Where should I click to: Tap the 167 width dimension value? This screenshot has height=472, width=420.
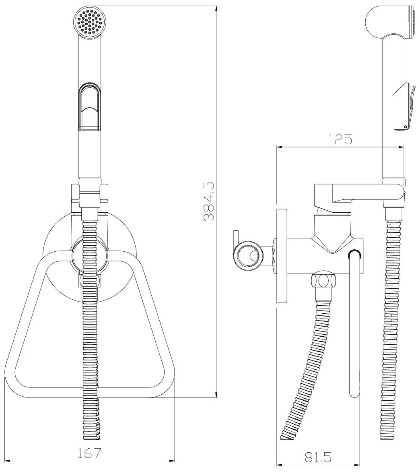pos(89,453)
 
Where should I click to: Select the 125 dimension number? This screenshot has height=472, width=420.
pos(340,139)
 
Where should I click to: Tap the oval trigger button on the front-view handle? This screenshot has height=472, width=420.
pos(90,107)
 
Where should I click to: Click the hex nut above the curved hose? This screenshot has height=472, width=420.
pos(323,281)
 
